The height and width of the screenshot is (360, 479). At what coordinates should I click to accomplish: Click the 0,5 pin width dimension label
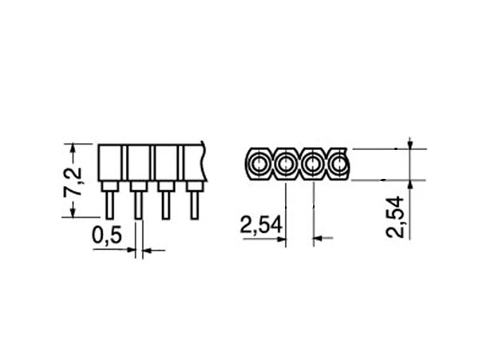[108, 235]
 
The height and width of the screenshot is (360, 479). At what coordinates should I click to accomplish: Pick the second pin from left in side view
[138, 204]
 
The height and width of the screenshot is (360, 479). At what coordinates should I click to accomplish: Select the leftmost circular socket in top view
[259, 164]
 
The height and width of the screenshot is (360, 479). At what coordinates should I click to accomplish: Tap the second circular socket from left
[286, 164]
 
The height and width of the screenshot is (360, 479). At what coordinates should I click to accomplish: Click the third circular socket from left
[313, 164]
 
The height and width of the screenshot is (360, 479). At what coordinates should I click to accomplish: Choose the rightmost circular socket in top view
[338, 164]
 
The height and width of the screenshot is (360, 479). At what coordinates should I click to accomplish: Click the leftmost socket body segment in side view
[110, 163]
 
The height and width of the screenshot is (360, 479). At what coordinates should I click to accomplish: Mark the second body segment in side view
[138, 163]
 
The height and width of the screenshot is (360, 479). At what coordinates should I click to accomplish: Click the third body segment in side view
[165, 163]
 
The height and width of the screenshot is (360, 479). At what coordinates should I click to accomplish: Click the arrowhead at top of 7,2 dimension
[74, 148]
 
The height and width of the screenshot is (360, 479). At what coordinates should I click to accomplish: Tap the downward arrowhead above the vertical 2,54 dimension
[410, 144]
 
